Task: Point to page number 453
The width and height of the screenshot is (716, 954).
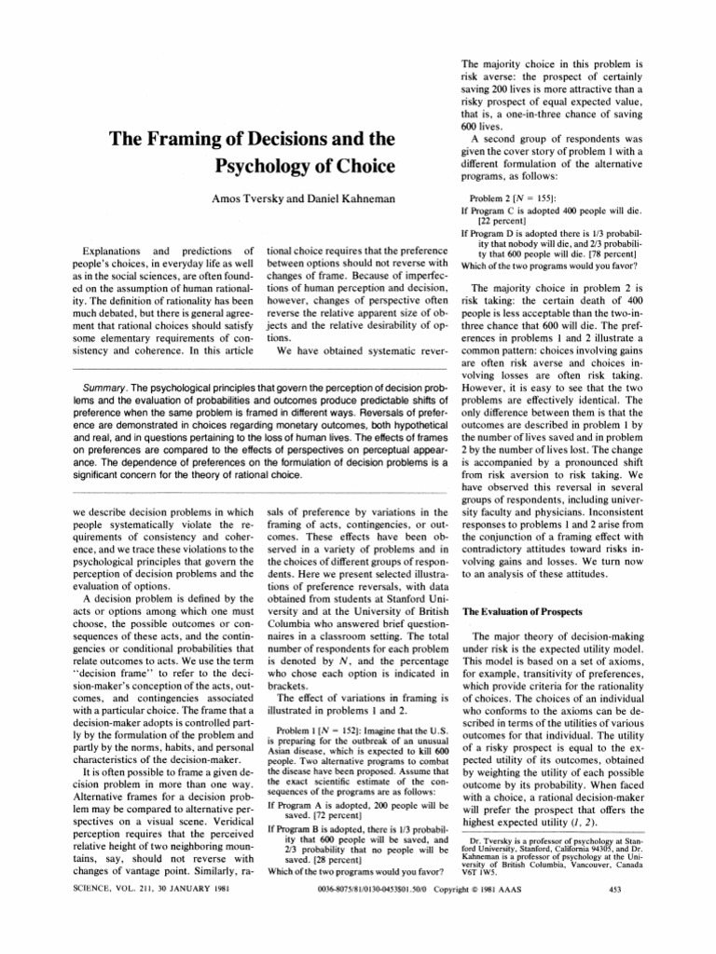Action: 613,939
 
